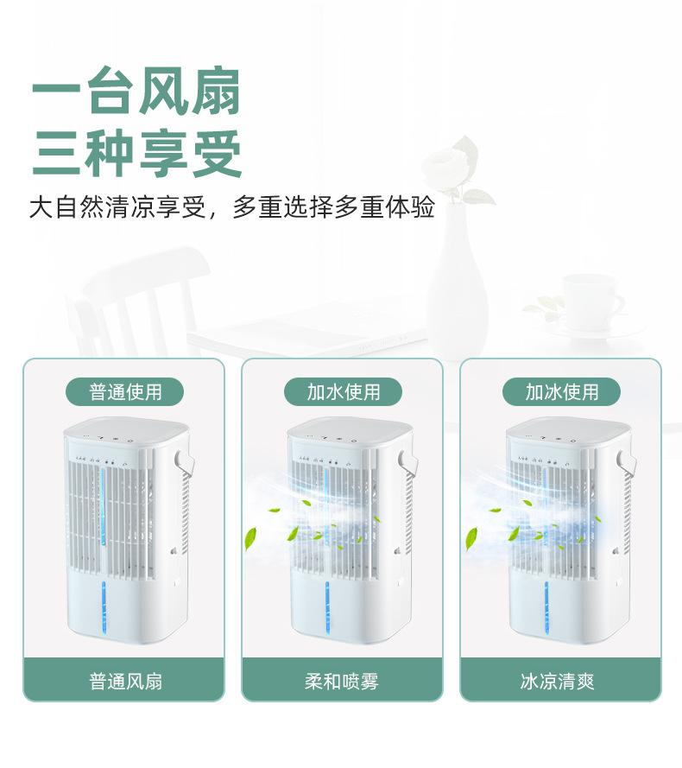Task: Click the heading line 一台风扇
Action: click(x=136, y=90)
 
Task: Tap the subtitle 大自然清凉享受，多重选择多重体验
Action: click(x=231, y=208)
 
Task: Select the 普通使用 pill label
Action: click(x=125, y=391)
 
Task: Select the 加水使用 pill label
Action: click(x=344, y=391)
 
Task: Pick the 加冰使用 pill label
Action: click(x=562, y=391)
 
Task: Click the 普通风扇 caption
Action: click(x=125, y=681)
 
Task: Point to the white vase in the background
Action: click(x=457, y=276)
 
